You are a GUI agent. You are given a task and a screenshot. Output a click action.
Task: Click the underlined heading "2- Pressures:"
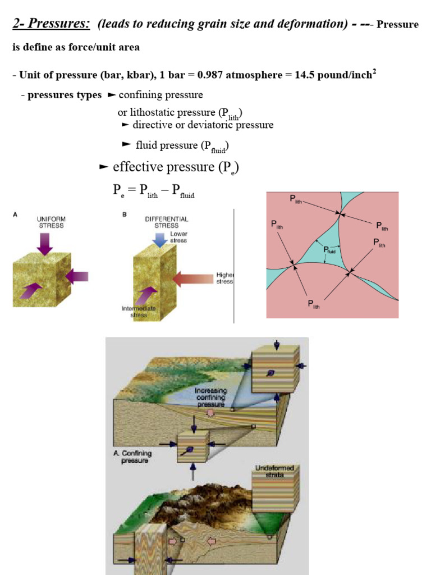[x=51, y=24]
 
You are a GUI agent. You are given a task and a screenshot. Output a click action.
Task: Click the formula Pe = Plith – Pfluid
[x=154, y=191]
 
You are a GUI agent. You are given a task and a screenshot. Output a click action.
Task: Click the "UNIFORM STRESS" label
[x=51, y=222]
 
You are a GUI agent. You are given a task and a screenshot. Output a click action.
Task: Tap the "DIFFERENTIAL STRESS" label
[x=166, y=222]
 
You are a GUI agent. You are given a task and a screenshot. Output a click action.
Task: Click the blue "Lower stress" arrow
[x=159, y=240]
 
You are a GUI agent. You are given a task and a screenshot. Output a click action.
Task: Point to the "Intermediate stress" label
[x=139, y=312]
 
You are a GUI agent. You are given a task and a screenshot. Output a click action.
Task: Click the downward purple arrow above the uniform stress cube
[x=45, y=244]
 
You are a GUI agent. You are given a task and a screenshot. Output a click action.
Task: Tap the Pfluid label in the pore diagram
[x=329, y=250]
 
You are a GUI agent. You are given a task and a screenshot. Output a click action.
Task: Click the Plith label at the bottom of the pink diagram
[x=314, y=304]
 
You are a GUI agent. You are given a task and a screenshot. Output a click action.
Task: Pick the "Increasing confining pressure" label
[x=211, y=397]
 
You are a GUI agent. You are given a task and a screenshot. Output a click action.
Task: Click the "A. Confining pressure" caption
[x=132, y=457]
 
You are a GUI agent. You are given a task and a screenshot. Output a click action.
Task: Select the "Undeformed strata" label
[x=274, y=471]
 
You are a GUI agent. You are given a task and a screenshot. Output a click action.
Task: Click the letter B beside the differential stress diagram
[x=125, y=215]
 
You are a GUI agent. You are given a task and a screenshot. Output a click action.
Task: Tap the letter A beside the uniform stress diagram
[x=15, y=215]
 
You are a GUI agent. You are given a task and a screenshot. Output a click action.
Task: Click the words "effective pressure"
[x=163, y=167]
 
